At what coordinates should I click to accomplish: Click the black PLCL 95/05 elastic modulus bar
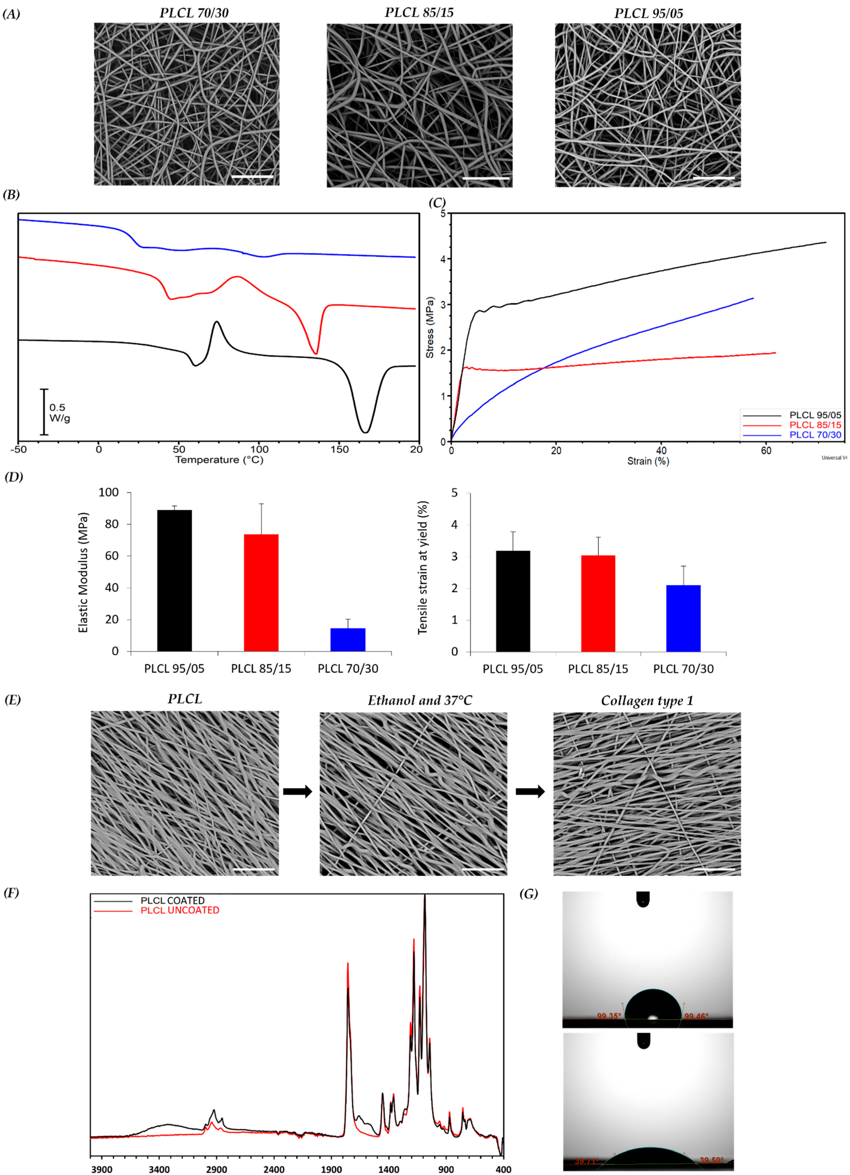[x=175, y=580]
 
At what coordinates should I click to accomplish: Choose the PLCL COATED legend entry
[x=172, y=900]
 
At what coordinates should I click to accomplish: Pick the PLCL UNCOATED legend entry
[x=180, y=910]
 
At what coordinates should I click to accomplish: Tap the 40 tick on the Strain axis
[x=661, y=451]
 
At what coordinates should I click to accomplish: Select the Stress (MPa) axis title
[x=430, y=327]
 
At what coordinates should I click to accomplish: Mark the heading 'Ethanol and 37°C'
[x=420, y=700]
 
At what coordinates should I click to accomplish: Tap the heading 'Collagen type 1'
[x=647, y=700]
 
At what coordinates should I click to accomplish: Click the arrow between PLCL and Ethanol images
[x=298, y=791]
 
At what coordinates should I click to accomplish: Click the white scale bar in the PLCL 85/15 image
[x=486, y=179]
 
